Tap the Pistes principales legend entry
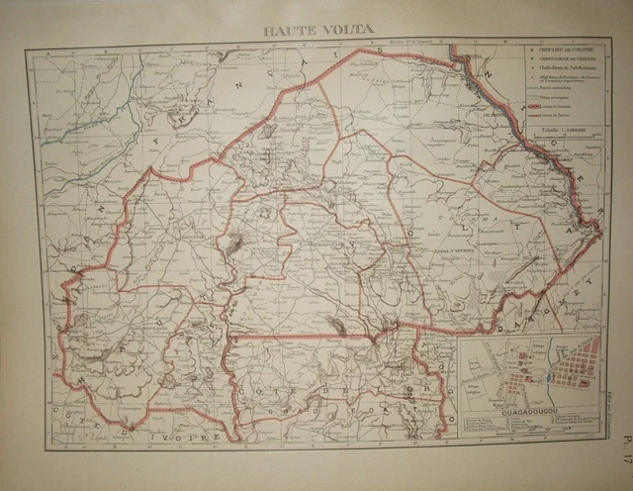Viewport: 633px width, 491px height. point(549,99)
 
